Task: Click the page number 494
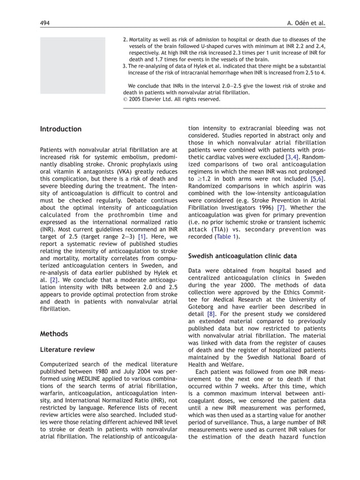pos(45,23)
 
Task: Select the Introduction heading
pos(60,129)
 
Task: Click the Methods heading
pos(54,334)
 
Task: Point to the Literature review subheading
pos(67,350)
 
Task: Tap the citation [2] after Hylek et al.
pos(54,279)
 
